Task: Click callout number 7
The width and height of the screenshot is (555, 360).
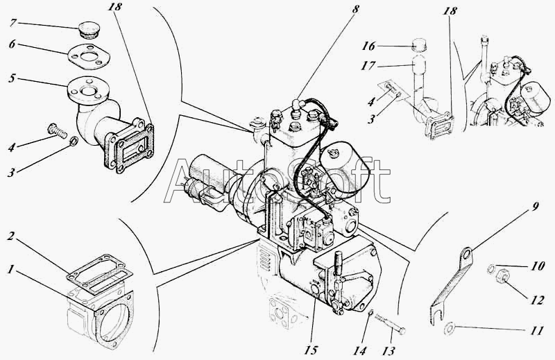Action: [x=12, y=23]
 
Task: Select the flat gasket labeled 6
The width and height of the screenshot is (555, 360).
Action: [x=88, y=57]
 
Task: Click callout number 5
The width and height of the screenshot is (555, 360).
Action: [x=12, y=78]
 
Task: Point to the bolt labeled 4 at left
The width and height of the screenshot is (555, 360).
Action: [x=58, y=132]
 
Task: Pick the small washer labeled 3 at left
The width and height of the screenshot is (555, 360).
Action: [x=74, y=142]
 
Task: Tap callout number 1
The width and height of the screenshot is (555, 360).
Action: [x=11, y=270]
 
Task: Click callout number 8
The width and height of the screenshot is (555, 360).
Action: [x=355, y=10]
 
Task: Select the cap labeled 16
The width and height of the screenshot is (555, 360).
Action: [x=419, y=45]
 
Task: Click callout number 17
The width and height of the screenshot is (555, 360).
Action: [x=368, y=66]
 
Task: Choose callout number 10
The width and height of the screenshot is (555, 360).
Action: [x=537, y=266]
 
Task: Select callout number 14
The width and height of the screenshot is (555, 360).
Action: [x=359, y=350]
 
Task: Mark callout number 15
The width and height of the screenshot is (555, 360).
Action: [x=311, y=350]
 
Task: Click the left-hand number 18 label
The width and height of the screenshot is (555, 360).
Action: [x=115, y=6]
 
